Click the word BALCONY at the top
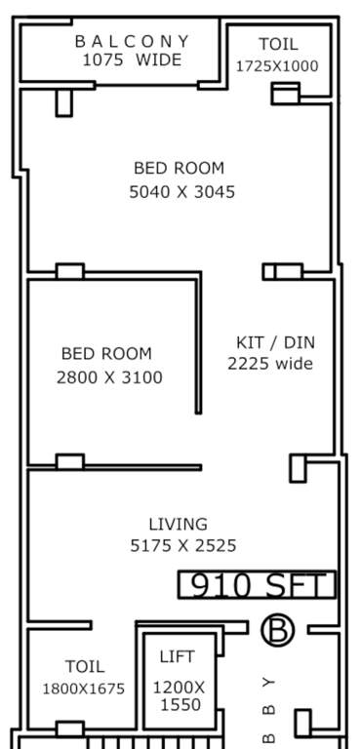(133, 41)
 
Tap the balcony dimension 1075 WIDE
(133, 59)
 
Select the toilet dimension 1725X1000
(277, 66)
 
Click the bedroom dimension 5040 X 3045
(182, 192)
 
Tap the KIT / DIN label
(276, 342)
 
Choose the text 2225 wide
(270, 364)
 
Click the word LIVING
(178, 524)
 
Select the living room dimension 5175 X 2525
(183, 545)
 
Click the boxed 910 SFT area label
(257, 585)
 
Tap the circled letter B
(277, 631)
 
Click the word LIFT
(177, 657)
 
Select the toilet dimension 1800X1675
(83, 689)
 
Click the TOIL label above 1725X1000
(278, 44)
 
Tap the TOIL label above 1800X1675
(84, 667)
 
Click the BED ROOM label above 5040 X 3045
(179, 168)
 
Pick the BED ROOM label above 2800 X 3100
(106, 353)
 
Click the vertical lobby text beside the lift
(270, 706)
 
